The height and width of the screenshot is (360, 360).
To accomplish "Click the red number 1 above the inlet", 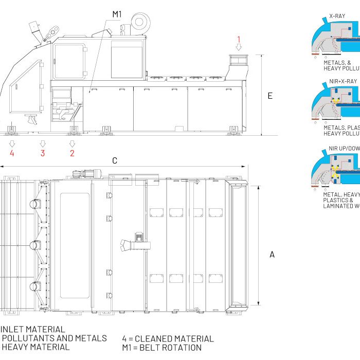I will [239, 39].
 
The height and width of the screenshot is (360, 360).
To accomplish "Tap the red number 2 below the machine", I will [72, 153].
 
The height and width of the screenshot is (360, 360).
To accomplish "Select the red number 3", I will [43, 153].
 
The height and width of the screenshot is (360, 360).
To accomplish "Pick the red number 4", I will [12, 153].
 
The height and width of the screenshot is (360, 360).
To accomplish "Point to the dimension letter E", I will [270, 96].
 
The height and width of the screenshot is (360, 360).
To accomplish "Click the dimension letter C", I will [115, 161].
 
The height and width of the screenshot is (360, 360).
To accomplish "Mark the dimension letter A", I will [272, 255].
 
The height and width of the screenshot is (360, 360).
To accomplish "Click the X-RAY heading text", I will [337, 16].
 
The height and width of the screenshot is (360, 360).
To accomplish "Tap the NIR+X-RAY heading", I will [343, 81].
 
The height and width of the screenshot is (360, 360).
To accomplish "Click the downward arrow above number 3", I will [43, 142].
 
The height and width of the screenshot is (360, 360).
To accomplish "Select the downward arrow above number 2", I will [72, 142].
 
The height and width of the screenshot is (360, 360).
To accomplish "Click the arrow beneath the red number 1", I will [239, 47].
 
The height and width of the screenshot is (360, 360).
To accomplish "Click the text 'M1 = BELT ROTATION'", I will [161, 348].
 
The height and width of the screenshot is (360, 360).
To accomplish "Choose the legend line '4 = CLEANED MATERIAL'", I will [168, 338].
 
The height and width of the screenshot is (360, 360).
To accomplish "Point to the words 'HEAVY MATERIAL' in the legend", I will [35, 347].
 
